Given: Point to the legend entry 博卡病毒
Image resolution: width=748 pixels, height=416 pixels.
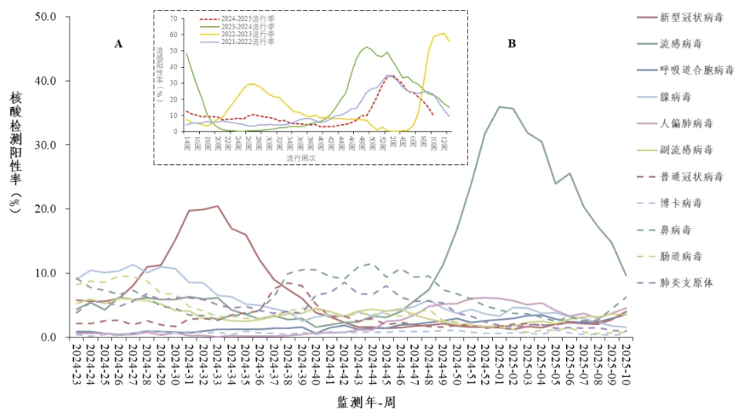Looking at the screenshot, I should [681, 203].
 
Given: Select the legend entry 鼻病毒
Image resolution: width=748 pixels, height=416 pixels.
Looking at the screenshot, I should [676, 230].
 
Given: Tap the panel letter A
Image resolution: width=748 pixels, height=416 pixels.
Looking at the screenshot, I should [119, 44].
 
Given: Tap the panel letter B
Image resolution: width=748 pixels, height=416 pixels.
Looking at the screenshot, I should [511, 44].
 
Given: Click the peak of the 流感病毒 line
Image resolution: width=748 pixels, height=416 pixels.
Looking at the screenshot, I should [500, 106].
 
